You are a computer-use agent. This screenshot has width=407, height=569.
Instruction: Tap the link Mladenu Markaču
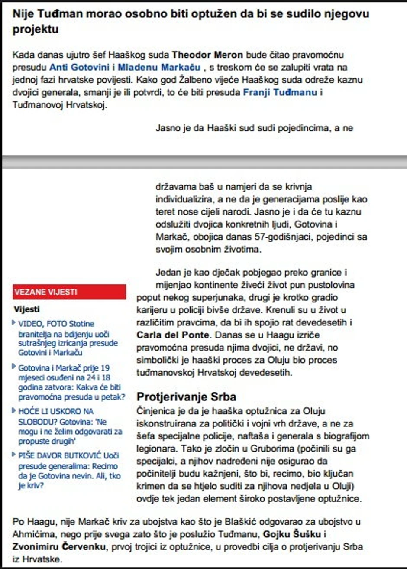[x=159, y=68]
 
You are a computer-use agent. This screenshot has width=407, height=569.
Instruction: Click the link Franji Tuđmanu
[x=280, y=92]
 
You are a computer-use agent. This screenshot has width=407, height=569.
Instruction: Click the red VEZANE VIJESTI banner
[x=69, y=292]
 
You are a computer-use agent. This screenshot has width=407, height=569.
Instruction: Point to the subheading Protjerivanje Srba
[x=186, y=397]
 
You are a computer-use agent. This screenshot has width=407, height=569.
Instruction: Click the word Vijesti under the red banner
[x=26, y=309]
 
